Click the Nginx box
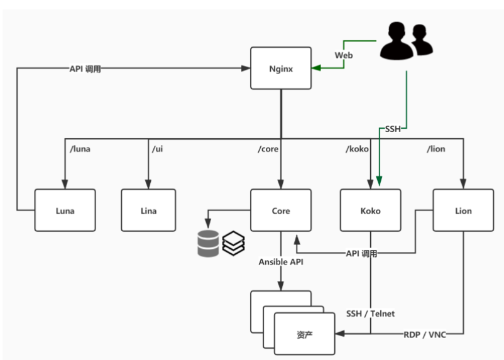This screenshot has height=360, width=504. click(281, 68)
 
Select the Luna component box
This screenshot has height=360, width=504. click(65, 210)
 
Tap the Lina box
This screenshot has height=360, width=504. click(148, 210)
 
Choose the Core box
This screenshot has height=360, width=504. click(281, 210)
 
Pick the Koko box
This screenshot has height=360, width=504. click(371, 210)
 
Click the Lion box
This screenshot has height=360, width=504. click(463, 210)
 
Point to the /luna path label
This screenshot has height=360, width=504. click(80, 149)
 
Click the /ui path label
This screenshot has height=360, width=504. click(158, 149)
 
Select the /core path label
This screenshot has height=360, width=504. click(268, 149)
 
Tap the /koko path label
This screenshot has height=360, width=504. click(357, 149)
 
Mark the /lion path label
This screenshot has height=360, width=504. click(436, 149)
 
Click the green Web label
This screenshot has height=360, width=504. click(344, 55)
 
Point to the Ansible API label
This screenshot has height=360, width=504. click(281, 262)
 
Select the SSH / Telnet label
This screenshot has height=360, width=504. click(370, 314)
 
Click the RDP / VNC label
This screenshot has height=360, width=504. click(425, 335)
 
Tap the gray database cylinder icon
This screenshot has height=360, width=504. click(208, 243)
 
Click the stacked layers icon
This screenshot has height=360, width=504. click(234, 243)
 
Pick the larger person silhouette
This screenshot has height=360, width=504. click(397, 40)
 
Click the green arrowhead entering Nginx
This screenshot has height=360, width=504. click(316, 68)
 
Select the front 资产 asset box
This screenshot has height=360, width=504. click(304, 334)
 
